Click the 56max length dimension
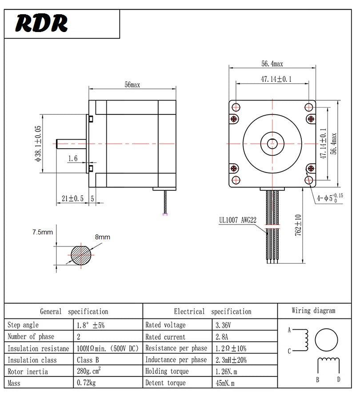[x=132, y=85]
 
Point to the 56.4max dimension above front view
[x=272, y=64]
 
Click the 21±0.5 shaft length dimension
[x=72, y=198]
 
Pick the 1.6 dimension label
[x=73, y=158]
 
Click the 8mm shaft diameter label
[x=102, y=237]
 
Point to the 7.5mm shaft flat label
[x=42, y=232]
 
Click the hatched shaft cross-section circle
[x=81, y=255]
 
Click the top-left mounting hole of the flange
[x=236, y=107]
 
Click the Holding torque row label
[x=167, y=371]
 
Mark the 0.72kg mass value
[x=87, y=383]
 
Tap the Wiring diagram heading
[x=313, y=311]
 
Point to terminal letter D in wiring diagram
[x=339, y=379]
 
